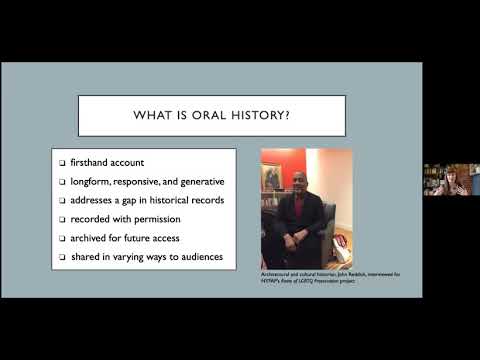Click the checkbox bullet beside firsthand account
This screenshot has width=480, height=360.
coord(62,163)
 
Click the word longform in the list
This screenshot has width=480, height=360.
coord(91,182)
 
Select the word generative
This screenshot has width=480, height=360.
coord(196,182)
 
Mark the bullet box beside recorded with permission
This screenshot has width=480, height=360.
coord(62,220)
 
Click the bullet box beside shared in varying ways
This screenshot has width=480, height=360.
coord(62,258)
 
